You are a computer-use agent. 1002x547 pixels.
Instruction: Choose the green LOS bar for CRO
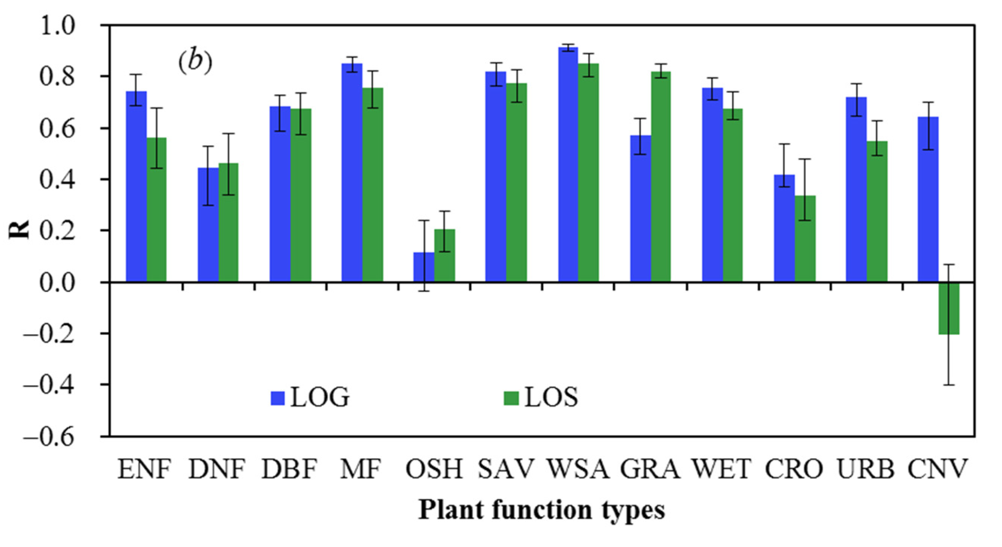(805, 239)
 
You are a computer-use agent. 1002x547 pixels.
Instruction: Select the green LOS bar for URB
(877, 212)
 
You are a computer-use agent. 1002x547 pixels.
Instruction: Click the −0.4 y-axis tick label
(49, 385)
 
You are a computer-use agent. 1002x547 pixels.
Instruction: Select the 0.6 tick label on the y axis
(56, 129)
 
